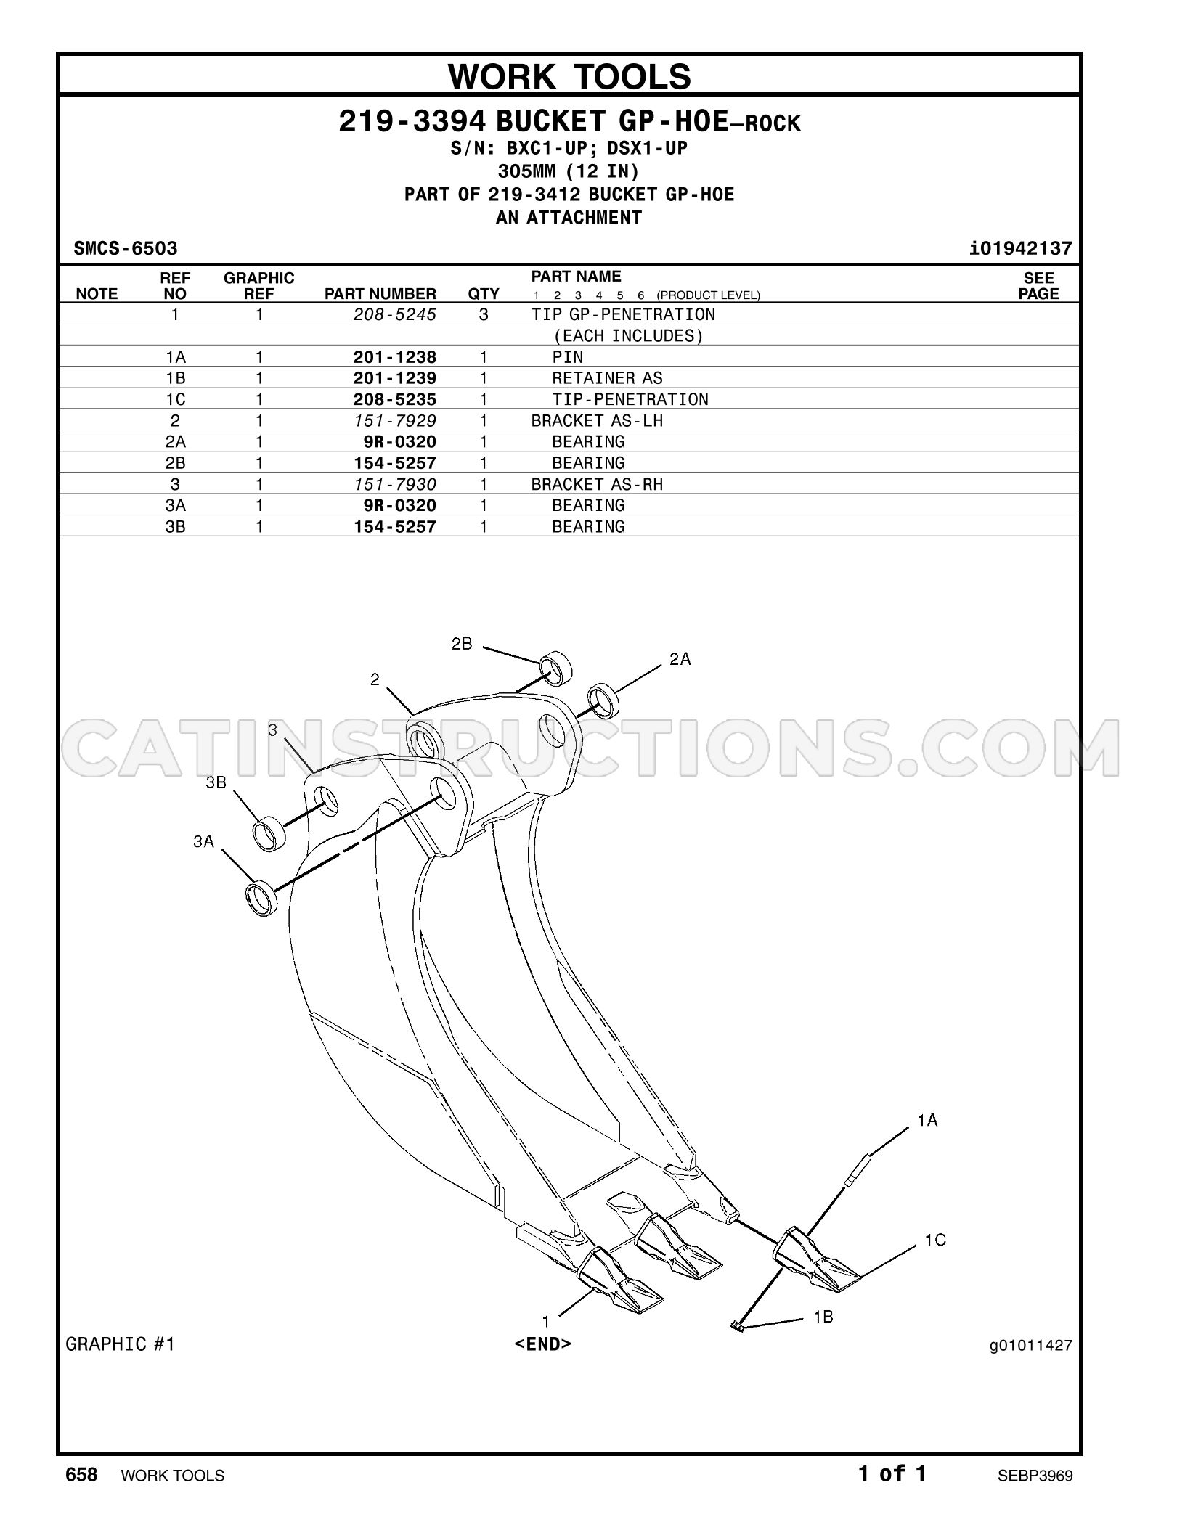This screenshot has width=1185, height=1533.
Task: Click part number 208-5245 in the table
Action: (x=395, y=314)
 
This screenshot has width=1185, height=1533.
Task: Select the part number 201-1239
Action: (x=395, y=378)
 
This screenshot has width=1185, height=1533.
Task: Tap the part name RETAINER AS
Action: (x=607, y=378)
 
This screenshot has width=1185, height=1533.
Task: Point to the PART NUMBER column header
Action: (x=380, y=294)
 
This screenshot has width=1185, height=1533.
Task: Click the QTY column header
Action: (x=484, y=294)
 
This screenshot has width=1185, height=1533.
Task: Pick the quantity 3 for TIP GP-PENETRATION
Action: (x=484, y=314)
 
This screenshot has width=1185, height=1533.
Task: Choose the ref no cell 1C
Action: (x=175, y=399)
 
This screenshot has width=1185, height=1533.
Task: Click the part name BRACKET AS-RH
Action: (x=597, y=484)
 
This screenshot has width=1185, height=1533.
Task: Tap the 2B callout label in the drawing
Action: (x=462, y=644)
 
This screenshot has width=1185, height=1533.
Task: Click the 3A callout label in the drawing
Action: (x=203, y=841)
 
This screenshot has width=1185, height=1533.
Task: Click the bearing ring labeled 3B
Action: (x=269, y=833)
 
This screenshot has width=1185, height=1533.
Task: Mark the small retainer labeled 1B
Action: (x=738, y=1328)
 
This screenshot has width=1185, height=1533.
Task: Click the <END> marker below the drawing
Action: (x=543, y=1344)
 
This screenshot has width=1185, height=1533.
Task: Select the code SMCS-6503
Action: (x=126, y=249)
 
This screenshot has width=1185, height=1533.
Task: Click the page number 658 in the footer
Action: (x=81, y=1474)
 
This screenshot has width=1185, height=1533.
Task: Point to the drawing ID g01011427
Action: (x=1030, y=1345)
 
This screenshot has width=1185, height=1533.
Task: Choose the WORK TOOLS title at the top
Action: (x=570, y=76)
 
